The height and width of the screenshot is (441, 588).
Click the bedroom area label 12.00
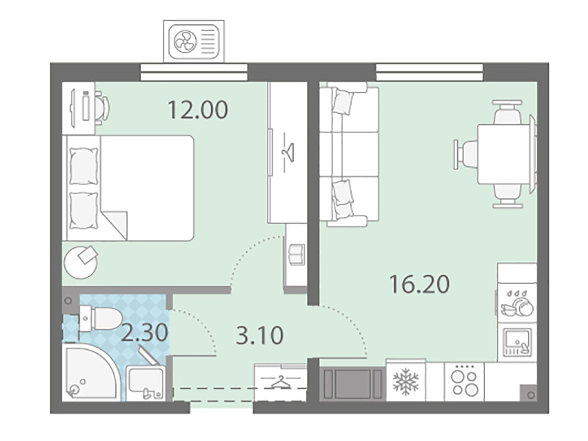click(198, 110)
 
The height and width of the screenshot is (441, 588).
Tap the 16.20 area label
click(419, 284)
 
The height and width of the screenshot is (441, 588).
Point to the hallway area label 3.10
click(259, 336)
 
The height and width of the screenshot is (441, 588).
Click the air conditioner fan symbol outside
click(185, 42)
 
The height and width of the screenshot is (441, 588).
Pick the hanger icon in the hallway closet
click(280, 382)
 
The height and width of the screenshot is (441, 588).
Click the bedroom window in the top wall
click(194, 72)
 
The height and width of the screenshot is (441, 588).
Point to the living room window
click(429, 72)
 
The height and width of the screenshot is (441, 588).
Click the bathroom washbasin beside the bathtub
click(145, 384)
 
